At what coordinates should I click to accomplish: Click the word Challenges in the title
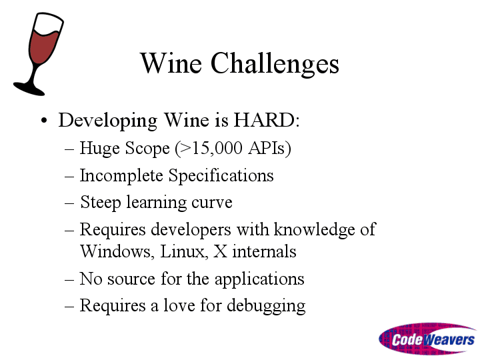click(x=275, y=65)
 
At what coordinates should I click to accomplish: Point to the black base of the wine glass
click(x=29, y=89)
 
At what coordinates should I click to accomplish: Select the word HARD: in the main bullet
click(x=266, y=120)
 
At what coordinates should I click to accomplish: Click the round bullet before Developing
click(x=44, y=120)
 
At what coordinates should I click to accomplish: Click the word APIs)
click(x=270, y=149)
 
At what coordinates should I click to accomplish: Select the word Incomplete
click(x=121, y=176)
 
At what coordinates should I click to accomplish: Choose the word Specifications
click(x=221, y=176)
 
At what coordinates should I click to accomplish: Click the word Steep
click(x=101, y=203)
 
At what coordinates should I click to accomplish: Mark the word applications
click(x=259, y=280)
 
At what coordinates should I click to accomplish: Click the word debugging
click(x=266, y=307)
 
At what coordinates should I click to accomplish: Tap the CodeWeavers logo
click(x=427, y=339)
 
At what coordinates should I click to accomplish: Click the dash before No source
click(x=69, y=279)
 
